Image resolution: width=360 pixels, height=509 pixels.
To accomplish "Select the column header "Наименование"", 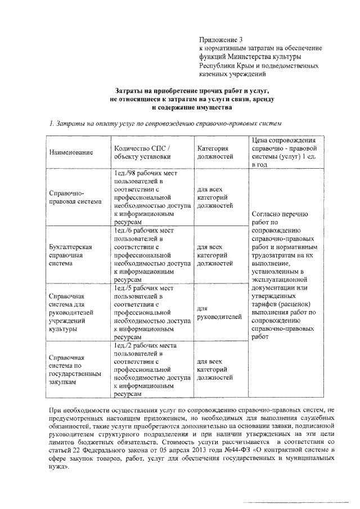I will (x=70, y=153).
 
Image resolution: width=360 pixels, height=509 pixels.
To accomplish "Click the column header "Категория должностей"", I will (x=215, y=153).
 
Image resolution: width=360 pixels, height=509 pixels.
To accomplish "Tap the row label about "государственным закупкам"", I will (x=71, y=369).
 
